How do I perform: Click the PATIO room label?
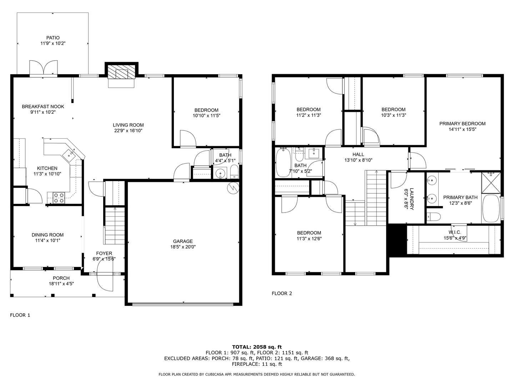53,38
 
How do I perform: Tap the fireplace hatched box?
121,72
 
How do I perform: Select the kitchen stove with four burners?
59,198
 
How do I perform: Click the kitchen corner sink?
69,155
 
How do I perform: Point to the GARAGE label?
183,241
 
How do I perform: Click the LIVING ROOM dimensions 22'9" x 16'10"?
128,131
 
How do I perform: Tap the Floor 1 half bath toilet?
234,172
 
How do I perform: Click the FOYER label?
104,253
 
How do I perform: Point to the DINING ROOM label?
47,235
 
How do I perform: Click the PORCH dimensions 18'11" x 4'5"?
61,284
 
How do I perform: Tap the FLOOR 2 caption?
282,293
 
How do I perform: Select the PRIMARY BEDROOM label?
462,124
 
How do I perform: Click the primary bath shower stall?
491,183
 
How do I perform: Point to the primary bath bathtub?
490,209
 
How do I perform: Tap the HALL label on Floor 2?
358,154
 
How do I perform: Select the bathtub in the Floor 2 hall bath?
283,162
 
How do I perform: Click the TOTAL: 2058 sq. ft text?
257,347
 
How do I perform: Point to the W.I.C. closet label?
455,232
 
